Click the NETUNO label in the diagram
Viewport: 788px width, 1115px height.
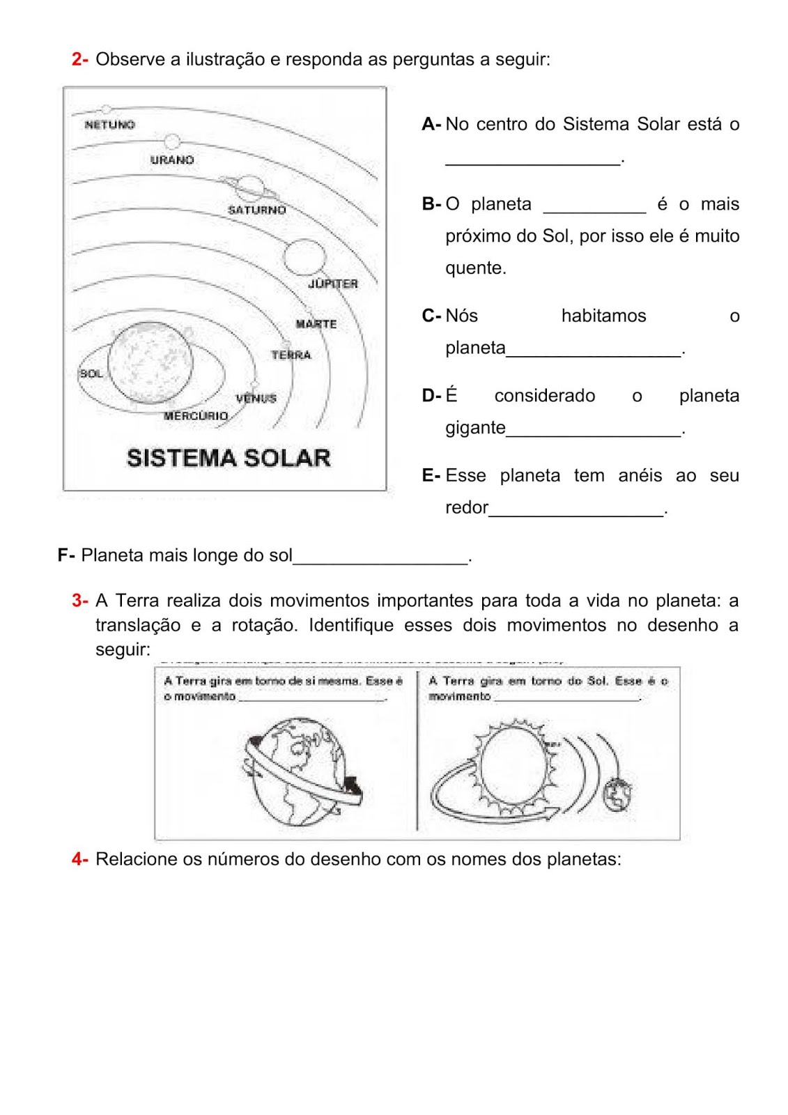(x=109, y=125)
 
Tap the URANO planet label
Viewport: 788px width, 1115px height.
(x=172, y=160)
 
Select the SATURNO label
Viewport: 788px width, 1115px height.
(x=257, y=210)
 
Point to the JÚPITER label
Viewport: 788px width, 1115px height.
(x=333, y=284)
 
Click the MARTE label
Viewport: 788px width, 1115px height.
(x=316, y=324)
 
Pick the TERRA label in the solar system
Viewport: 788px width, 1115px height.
(x=291, y=355)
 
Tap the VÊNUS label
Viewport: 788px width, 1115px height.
(x=256, y=399)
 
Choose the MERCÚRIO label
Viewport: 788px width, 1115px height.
(x=196, y=415)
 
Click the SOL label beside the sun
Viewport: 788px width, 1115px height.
(x=91, y=374)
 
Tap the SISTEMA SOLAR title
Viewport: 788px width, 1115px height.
(x=229, y=458)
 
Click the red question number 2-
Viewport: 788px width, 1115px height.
(x=79, y=59)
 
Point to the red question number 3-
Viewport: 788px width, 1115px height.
(x=79, y=600)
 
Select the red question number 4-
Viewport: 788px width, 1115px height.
(x=79, y=859)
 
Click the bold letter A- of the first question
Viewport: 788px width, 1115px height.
(x=431, y=124)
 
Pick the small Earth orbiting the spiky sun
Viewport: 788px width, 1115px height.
(x=617, y=795)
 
